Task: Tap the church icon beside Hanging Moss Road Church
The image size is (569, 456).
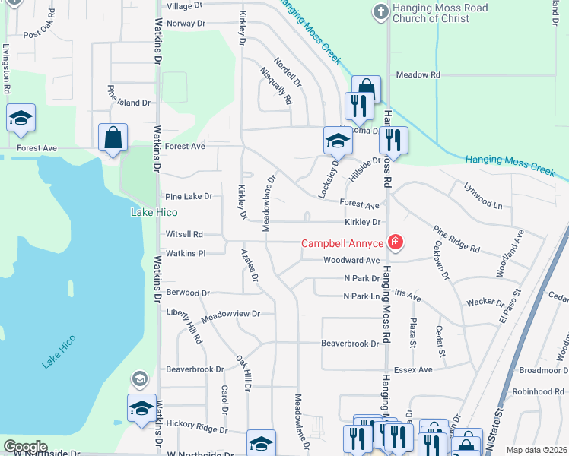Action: pyautogui.click(x=381, y=11)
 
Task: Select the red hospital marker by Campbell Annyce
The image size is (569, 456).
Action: pyautogui.click(x=395, y=243)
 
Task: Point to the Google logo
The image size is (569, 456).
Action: pyautogui.click(x=26, y=447)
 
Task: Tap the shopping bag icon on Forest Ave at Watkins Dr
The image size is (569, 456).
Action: pyautogui.click(x=113, y=138)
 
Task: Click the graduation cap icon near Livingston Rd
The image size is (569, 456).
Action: pyautogui.click(x=21, y=118)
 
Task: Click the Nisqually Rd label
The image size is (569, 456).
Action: pyautogui.click(x=276, y=84)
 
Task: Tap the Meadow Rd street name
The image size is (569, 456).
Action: pyautogui.click(x=418, y=74)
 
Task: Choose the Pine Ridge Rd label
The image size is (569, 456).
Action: pyautogui.click(x=456, y=238)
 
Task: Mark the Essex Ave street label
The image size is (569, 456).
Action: pyautogui.click(x=414, y=369)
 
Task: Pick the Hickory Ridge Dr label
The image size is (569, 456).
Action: pyautogui.click(x=197, y=428)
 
